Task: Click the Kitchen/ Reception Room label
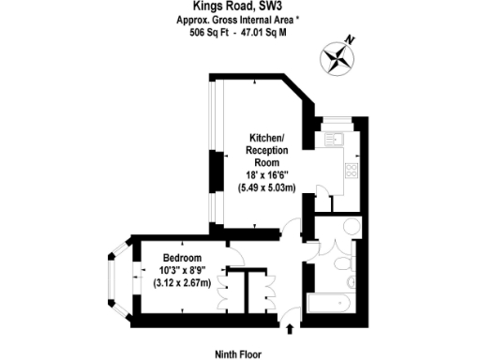266,149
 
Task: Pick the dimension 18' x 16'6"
266,175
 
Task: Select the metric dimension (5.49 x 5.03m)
266,188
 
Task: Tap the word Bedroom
182,258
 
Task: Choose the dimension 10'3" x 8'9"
182,272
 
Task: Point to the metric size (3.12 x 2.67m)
182,286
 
